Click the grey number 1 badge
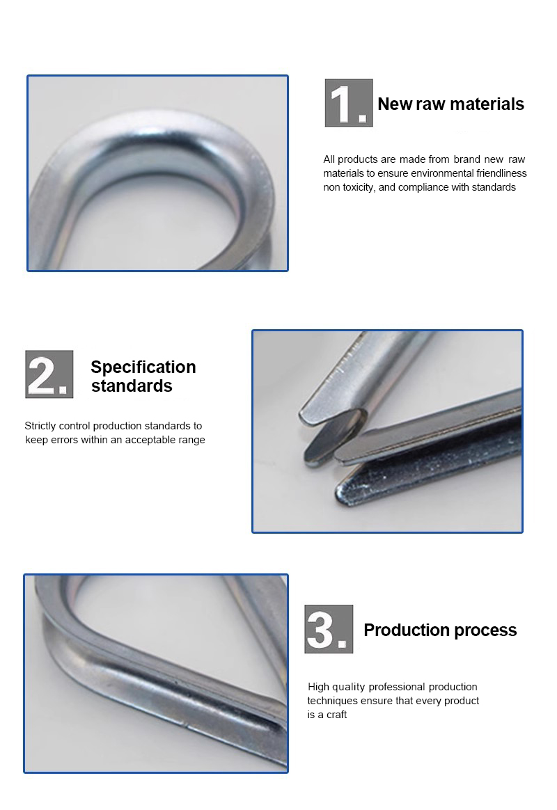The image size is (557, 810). coord(348,103)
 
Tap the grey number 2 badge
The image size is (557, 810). coord(49,374)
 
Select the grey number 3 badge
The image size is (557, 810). coord(329,628)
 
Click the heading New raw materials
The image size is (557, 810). coord(450,104)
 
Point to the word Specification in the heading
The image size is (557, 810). coord(143,367)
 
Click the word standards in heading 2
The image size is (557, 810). coord(132,386)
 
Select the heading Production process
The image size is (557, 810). coord(440,630)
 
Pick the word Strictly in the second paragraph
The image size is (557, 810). coord(42,425)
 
